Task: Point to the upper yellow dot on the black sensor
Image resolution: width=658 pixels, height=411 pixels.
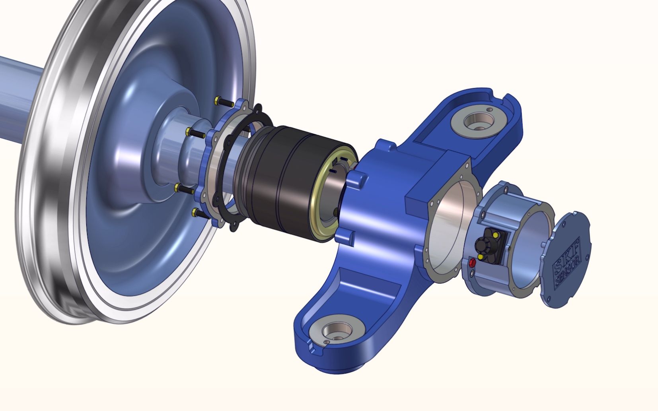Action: [x=496, y=235]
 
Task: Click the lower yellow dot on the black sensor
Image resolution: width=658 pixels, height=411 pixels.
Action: [x=480, y=257]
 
